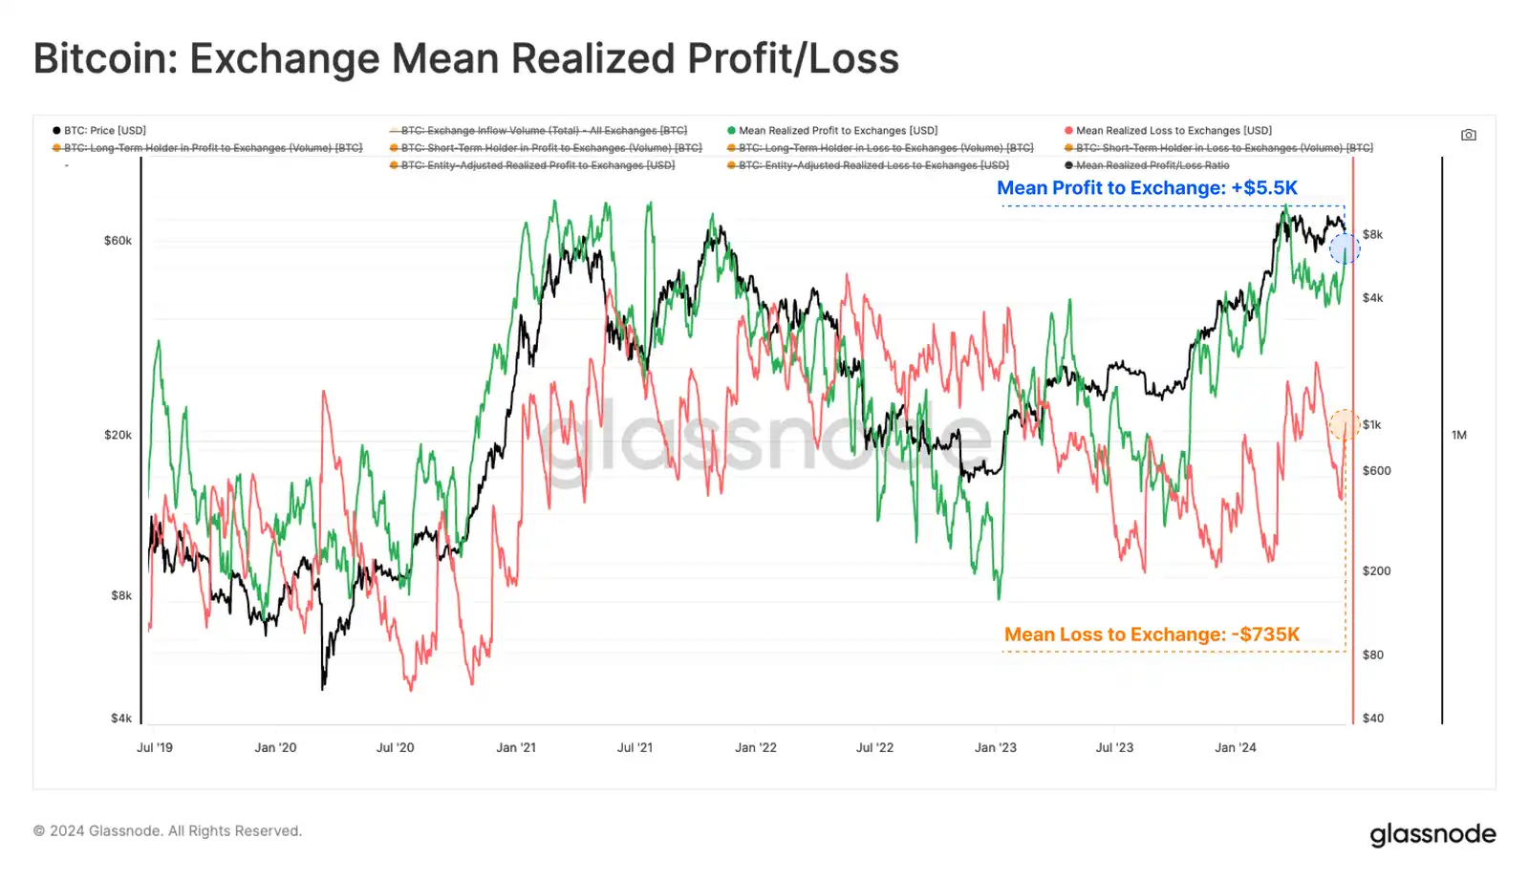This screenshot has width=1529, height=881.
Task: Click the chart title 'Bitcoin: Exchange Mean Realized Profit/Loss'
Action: coord(465,58)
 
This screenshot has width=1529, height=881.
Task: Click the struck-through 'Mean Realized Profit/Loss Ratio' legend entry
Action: coord(1152,165)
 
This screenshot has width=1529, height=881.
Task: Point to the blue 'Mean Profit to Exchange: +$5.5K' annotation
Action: coord(1147,188)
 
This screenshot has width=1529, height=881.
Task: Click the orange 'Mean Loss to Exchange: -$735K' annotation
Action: coord(1152,634)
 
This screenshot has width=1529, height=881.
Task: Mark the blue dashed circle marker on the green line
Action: coord(1345,249)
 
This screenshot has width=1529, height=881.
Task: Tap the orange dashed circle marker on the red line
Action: coord(1345,424)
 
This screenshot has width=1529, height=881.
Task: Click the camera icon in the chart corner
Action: coord(1469,135)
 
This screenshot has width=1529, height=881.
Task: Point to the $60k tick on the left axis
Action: coord(118,241)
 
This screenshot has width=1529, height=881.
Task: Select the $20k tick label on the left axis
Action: coord(118,435)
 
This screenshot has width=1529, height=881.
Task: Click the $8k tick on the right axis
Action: coord(1372,235)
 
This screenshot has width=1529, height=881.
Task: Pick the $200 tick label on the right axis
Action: coord(1376,571)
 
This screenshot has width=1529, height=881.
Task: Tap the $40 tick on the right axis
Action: coord(1372,719)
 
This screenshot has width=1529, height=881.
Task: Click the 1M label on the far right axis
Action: coord(1458,435)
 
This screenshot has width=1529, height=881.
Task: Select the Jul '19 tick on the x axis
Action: coord(155,747)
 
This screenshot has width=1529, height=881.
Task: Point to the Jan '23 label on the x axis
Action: coord(995,747)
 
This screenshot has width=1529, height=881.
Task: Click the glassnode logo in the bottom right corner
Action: coord(1432,834)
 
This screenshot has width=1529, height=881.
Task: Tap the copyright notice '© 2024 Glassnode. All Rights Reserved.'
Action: coord(167,831)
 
